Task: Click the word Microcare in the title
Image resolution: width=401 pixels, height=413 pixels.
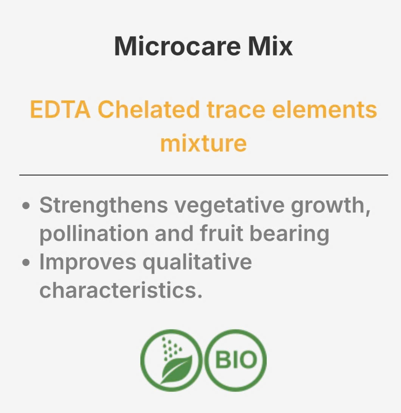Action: point(178,46)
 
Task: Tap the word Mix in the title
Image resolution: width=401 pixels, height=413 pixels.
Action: point(270,46)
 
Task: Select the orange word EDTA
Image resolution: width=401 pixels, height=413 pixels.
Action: point(60,110)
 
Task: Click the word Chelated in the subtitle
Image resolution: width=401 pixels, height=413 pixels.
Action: point(149,110)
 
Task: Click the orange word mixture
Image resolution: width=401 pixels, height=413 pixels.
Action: point(204,143)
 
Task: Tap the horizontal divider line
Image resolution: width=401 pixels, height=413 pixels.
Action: point(204,175)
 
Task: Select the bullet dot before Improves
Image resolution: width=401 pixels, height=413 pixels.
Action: point(26,263)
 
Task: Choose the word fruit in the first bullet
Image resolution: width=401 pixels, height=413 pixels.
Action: point(221,233)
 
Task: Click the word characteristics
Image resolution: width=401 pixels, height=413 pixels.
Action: point(121,290)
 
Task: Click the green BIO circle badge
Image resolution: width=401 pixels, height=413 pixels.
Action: point(235,360)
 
